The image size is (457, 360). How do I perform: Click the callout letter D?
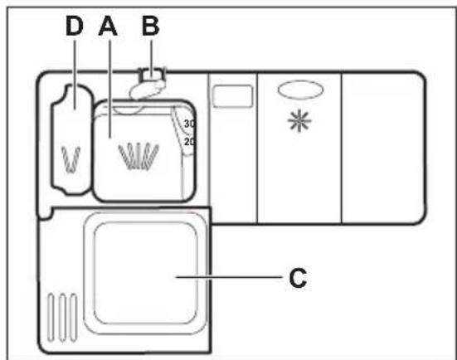[75, 26]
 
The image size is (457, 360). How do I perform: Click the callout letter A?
[108, 26]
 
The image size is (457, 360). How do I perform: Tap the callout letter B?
[150, 26]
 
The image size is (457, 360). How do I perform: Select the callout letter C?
[298, 278]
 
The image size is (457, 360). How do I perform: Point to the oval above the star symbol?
[300, 90]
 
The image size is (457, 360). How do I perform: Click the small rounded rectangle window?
[232, 96]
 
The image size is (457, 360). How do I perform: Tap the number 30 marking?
[189, 124]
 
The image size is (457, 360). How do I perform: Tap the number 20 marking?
[189, 142]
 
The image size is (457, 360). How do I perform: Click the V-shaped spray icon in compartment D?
[70, 159]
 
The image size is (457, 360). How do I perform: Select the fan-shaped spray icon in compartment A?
[139, 156]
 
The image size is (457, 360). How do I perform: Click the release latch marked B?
[148, 84]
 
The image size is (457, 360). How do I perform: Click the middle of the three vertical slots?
[62, 317]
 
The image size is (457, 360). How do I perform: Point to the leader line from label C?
[229, 277]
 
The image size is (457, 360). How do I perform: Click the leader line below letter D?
[75, 75]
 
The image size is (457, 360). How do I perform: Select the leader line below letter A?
[109, 89]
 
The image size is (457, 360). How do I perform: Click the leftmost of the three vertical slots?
[51, 317]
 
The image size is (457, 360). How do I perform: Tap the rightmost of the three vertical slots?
[74, 317]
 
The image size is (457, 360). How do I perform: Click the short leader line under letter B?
[151, 58]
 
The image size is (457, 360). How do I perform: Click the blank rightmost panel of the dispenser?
[382, 148]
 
